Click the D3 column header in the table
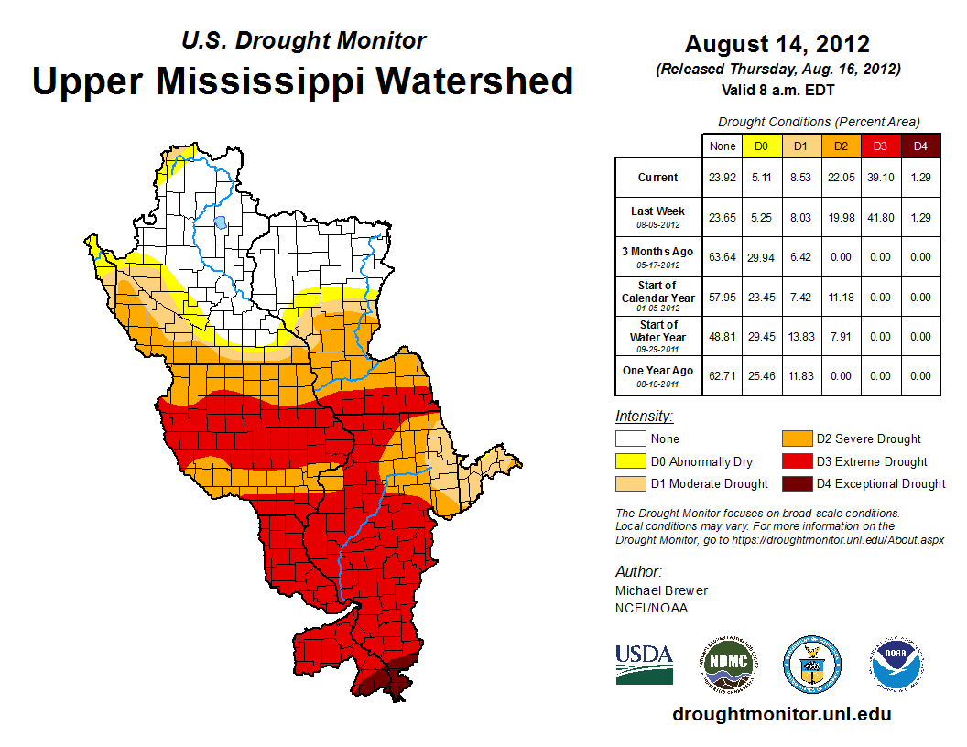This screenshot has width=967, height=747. click(x=879, y=146)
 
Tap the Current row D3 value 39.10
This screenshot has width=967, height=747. click(x=879, y=178)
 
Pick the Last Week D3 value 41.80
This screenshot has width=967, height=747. click(x=879, y=217)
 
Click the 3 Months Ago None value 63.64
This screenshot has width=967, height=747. click(x=722, y=257)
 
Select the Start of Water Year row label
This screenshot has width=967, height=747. click(x=657, y=336)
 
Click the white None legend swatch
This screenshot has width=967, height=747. click(x=630, y=439)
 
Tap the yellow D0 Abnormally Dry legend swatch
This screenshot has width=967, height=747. click(x=630, y=461)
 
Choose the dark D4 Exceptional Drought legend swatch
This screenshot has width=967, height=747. click(x=795, y=483)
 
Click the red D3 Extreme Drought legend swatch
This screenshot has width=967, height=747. click(x=795, y=461)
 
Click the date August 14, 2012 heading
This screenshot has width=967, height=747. click(x=777, y=44)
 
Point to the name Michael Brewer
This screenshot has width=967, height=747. click(x=661, y=590)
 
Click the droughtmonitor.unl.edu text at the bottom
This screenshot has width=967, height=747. click(x=781, y=714)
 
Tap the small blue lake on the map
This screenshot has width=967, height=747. click(x=220, y=222)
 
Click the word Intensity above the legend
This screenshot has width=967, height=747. click(x=644, y=416)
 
